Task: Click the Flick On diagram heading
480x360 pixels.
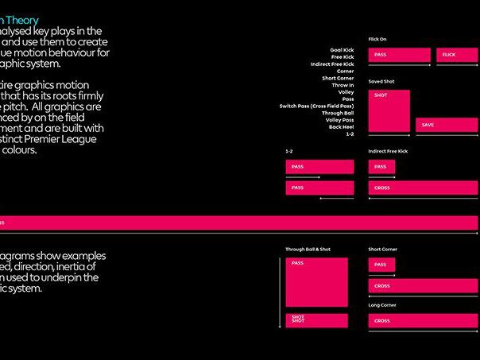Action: (377, 38)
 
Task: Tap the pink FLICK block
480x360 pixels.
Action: (457, 56)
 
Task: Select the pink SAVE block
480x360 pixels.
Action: (447, 126)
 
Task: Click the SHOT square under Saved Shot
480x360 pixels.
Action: (389, 111)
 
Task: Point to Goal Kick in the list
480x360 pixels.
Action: (342, 48)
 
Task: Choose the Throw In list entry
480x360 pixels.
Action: (342, 84)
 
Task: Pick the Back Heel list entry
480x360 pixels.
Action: (342, 127)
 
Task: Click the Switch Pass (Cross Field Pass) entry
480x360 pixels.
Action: (317, 106)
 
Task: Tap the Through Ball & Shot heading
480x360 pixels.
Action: (308, 250)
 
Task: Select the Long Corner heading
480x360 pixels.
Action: (383, 304)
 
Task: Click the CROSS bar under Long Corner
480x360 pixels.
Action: (423, 320)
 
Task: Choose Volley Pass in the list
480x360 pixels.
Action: (339, 120)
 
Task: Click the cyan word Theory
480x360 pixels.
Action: (21, 20)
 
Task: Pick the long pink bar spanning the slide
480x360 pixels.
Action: (238, 223)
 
